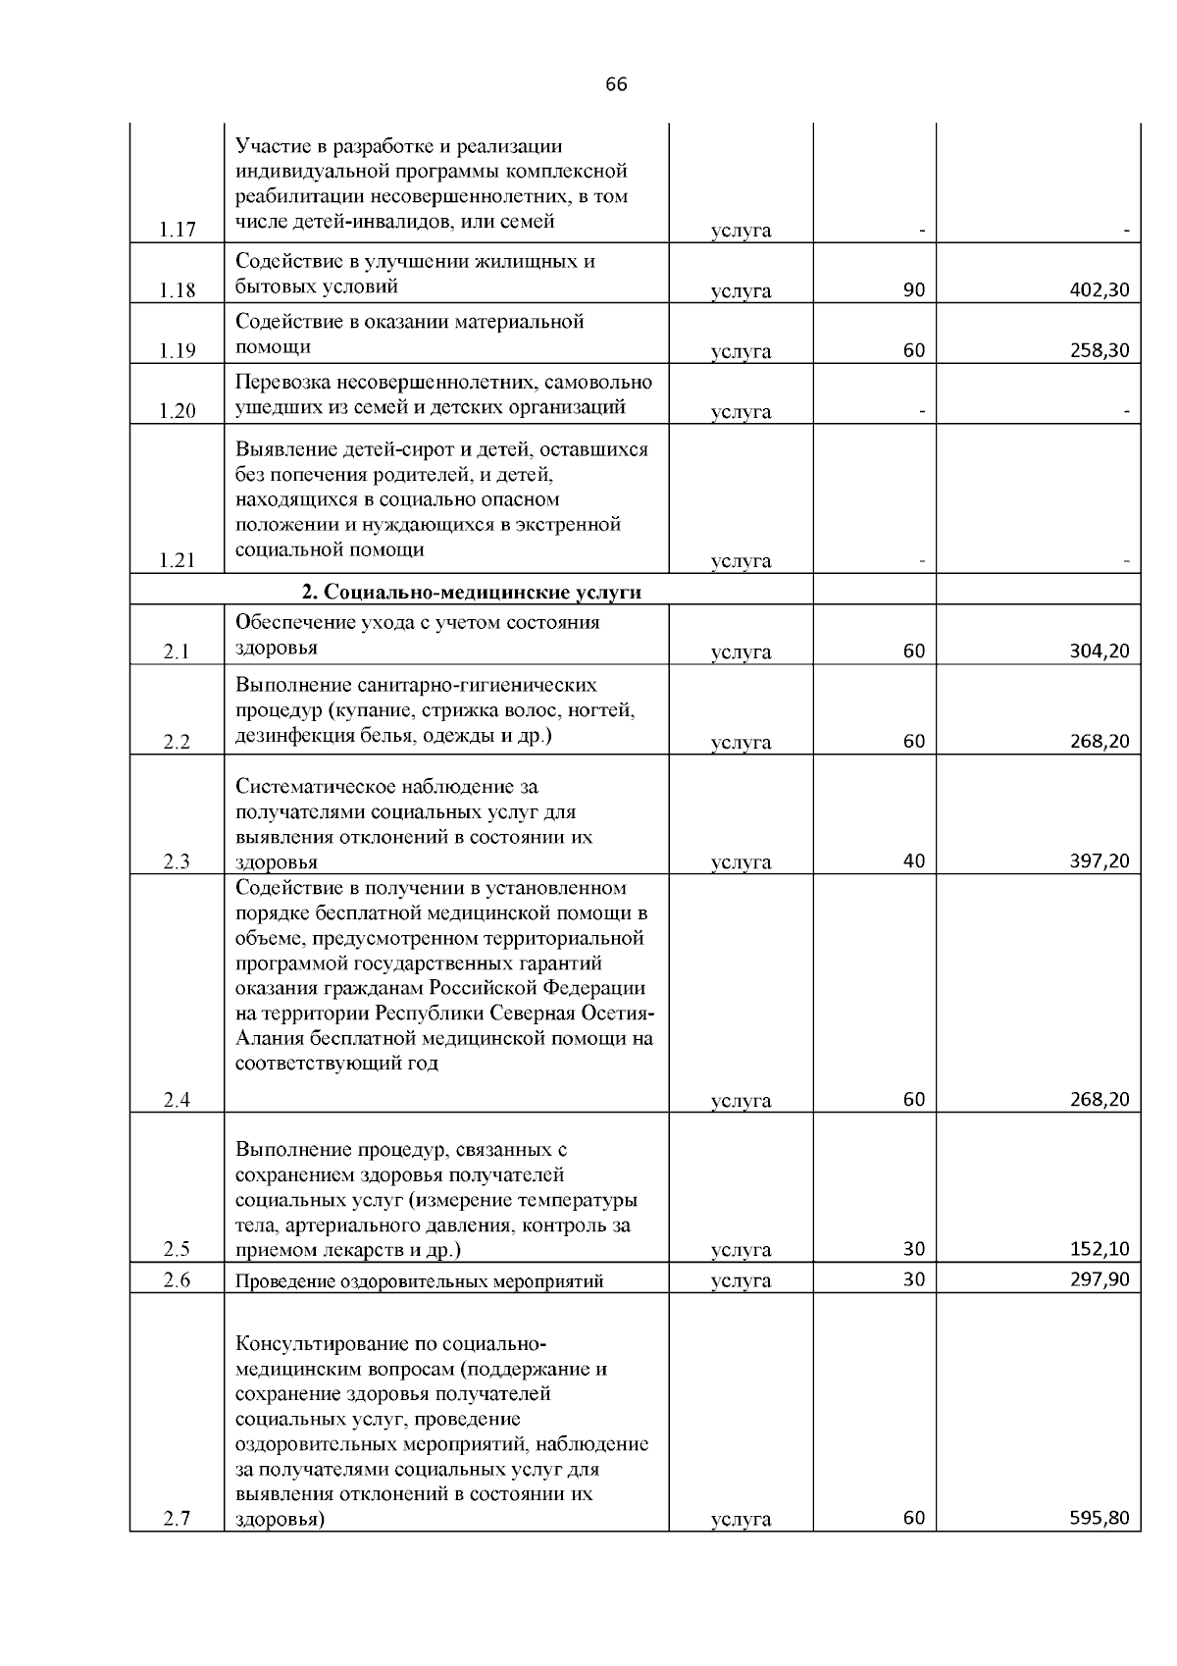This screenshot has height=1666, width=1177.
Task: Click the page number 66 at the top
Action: pos(616,84)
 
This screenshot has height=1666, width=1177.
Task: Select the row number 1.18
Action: pos(178,290)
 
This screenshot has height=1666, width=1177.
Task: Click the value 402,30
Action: pos(1100,290)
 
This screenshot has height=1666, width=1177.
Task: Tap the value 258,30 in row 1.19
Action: pos(1100,350)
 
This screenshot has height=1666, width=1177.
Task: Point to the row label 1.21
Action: pos(178,560)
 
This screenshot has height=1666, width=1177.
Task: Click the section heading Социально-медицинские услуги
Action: pos(471,592)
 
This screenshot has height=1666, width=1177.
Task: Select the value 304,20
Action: pos(1100,651)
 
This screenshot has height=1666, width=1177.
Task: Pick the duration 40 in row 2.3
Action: pos(913,860)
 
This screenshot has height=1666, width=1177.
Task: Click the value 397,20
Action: pos(1100,861)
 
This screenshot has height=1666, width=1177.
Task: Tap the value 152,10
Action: pos(1100,1249)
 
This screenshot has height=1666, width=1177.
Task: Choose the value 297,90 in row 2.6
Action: pos(1100,1279)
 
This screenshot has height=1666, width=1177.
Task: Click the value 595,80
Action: pos(1100,1518)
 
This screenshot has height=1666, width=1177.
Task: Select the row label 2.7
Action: pos(178,1519)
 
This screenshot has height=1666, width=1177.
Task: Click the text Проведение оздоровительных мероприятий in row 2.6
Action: pos(419,1280)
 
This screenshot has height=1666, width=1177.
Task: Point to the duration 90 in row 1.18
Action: pos(913,290)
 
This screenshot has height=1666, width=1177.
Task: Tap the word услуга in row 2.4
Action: pos(741,1101)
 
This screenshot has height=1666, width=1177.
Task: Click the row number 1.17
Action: pos(178,231)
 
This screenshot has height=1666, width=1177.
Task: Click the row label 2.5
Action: pos(178,1249)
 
